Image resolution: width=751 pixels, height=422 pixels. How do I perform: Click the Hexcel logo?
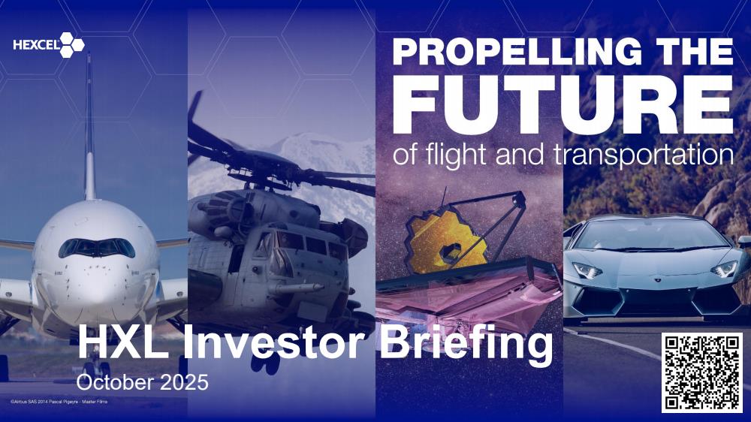tap(49, 45)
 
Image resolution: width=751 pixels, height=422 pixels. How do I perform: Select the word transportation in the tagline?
tap(644, 155)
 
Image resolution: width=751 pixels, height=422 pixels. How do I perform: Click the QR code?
tap(702, 372)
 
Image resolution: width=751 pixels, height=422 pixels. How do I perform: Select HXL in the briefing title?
tap(124, 342)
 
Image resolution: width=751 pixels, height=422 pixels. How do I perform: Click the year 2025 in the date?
tap(185, 382)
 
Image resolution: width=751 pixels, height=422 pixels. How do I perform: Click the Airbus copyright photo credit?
tap(59, 402)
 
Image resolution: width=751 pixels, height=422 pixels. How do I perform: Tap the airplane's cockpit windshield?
tap(97, 248)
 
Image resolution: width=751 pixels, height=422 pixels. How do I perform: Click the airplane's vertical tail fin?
tap(89, 127)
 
